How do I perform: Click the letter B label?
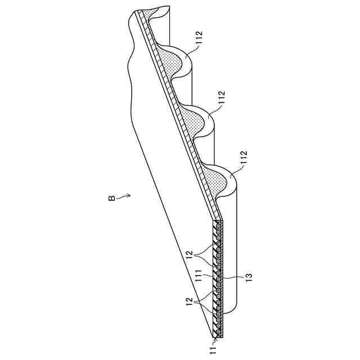coord(112,198)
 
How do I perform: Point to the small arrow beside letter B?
coord(125,196)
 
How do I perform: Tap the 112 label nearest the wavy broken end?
coord(200,39)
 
